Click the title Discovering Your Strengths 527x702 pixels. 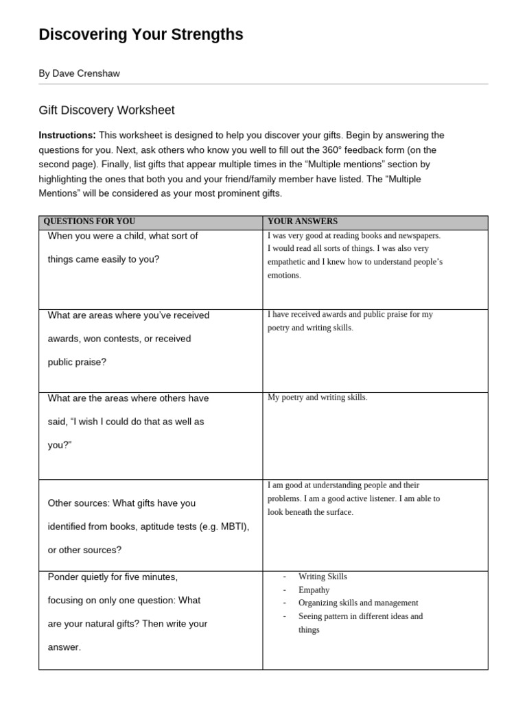pos(141,35)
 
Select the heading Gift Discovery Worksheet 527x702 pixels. pos(106,110)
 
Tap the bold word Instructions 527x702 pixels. pos(67,135)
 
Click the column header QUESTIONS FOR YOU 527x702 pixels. pos(89,221)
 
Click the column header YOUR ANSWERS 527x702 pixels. pos(303,221)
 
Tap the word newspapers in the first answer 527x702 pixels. pos(414,235)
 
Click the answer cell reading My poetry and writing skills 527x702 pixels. pos(317,398)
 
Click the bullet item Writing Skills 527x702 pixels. pos(323,577)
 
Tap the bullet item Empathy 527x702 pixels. pos(314,590)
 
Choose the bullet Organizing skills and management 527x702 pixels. pos(358,603)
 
